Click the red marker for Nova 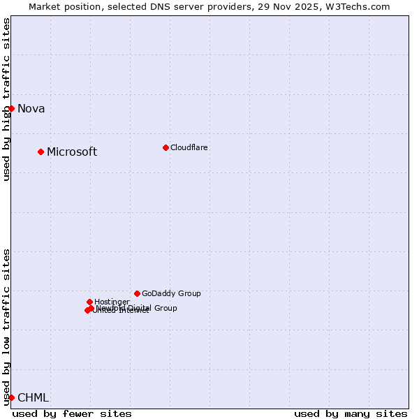[11, 108]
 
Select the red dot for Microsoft [41, 152]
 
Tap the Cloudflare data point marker [166, 147]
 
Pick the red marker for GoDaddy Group [137, 293]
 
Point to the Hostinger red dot [89, 302]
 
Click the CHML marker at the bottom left [11, 397]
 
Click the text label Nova [31, 108]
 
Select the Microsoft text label [71, 152]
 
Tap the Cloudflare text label [189, 147]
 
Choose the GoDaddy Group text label [171, 293]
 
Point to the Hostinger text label [112, 302]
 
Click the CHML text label [33, 397]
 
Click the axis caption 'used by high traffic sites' [6, 99]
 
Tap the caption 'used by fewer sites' [72, 413]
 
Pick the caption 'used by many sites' [351, 413]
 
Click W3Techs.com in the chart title [358, 7]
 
